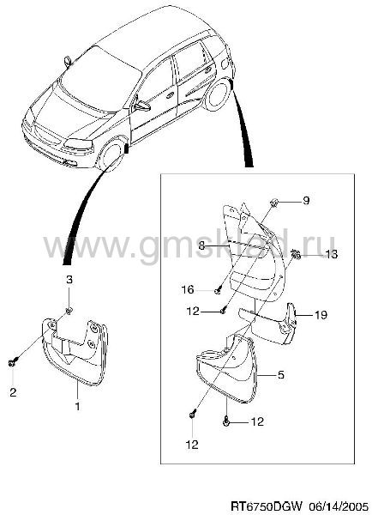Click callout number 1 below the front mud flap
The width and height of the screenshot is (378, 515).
pos(77,406)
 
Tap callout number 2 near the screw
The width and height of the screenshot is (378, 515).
pos(13,392)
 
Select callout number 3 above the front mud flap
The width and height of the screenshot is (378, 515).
pos(69,280)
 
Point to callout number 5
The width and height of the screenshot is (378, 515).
pos(280,375)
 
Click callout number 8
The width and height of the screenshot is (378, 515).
pos(201,245)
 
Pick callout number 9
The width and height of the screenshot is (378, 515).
pos(306,200)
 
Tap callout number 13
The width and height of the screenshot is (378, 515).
pos(331,254)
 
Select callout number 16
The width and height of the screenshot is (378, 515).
pos(188,290)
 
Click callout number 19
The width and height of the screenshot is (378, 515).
pos(321,315)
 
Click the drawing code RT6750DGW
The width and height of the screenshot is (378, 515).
pos(266,506)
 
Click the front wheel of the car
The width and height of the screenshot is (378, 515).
pos(111,155)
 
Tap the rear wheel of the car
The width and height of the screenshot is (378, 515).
pos(217,94)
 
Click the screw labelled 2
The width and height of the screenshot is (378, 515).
pos(12,362)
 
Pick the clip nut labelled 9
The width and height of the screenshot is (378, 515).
pos(273,203)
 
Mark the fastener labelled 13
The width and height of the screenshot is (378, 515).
pos(296,253)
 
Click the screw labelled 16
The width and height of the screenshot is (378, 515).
pos(219,290)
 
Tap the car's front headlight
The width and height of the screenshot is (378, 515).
pos(78,143)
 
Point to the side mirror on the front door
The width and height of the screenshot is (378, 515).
pos(142,106)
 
